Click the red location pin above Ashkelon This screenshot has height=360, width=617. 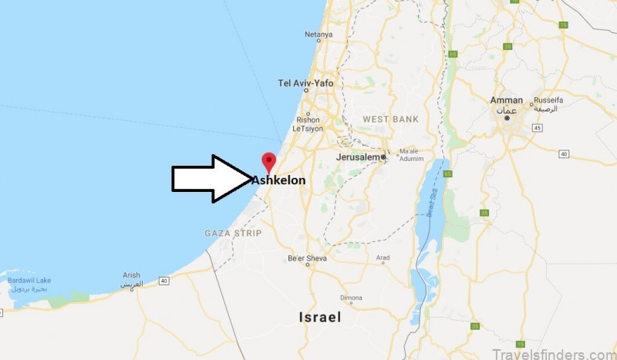(268, 162)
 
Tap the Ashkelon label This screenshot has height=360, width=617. (279, 180)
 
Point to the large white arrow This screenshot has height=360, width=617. (208, 179)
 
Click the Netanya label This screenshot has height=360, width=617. (319, 35)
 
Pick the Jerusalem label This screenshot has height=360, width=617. (359, 156)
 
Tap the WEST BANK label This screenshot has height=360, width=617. (390, 119)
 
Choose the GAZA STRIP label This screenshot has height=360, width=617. (233, 232)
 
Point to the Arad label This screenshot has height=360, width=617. (383, 258)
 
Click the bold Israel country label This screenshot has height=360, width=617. (320, 317)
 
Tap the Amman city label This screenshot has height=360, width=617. (507, 100)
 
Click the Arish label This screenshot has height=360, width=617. (132, 275)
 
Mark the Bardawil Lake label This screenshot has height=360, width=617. (30, 281)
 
